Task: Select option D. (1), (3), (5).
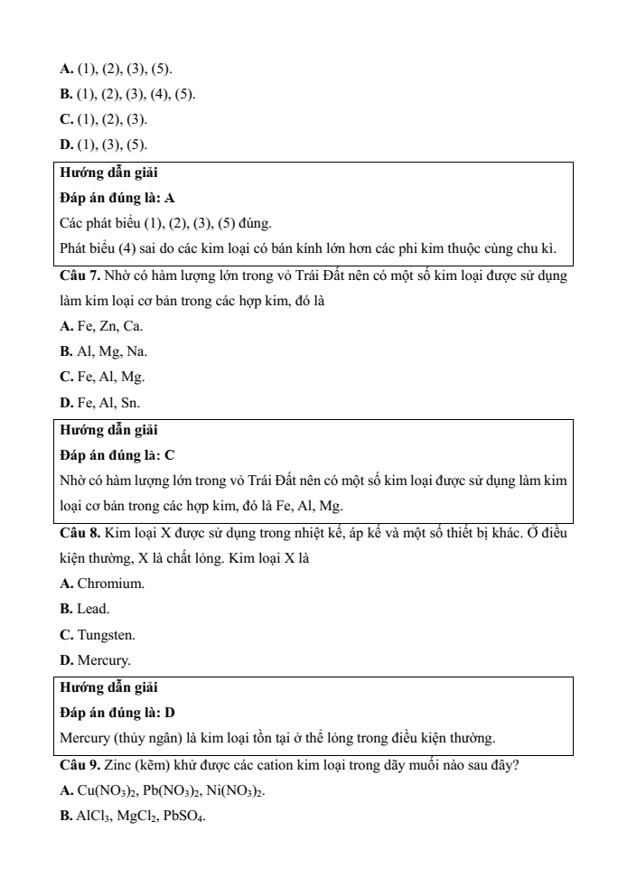[103, 145]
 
